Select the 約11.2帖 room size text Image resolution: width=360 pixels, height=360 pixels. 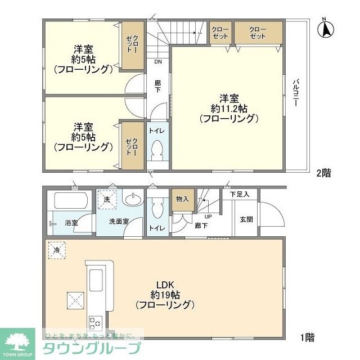click(228, 107)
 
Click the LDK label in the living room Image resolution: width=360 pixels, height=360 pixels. click(164, 285)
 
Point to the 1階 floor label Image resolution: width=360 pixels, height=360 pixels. click(307, 337)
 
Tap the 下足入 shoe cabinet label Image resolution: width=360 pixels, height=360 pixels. click(243, 194)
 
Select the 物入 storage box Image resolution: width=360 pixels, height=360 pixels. click(182, 199)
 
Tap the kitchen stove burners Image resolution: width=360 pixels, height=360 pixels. click(94, 323)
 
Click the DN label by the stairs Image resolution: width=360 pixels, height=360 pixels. click(159, 62)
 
